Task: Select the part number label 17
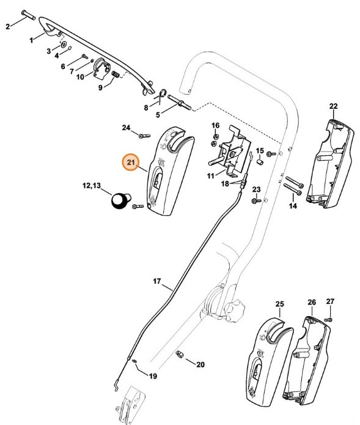point(156,282)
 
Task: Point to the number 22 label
point(333,106)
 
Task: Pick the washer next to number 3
point(64,46)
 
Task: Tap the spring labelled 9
point(114,74)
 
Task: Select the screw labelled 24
point(145,135)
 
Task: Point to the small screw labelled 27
point(329,319)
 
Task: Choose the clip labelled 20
point(181,354)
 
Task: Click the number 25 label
point(280,304)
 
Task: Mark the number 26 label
point(312,302)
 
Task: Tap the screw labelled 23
point(256,200)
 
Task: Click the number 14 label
point(293,207)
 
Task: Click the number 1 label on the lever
point(32,40)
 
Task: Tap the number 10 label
point(79,77)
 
